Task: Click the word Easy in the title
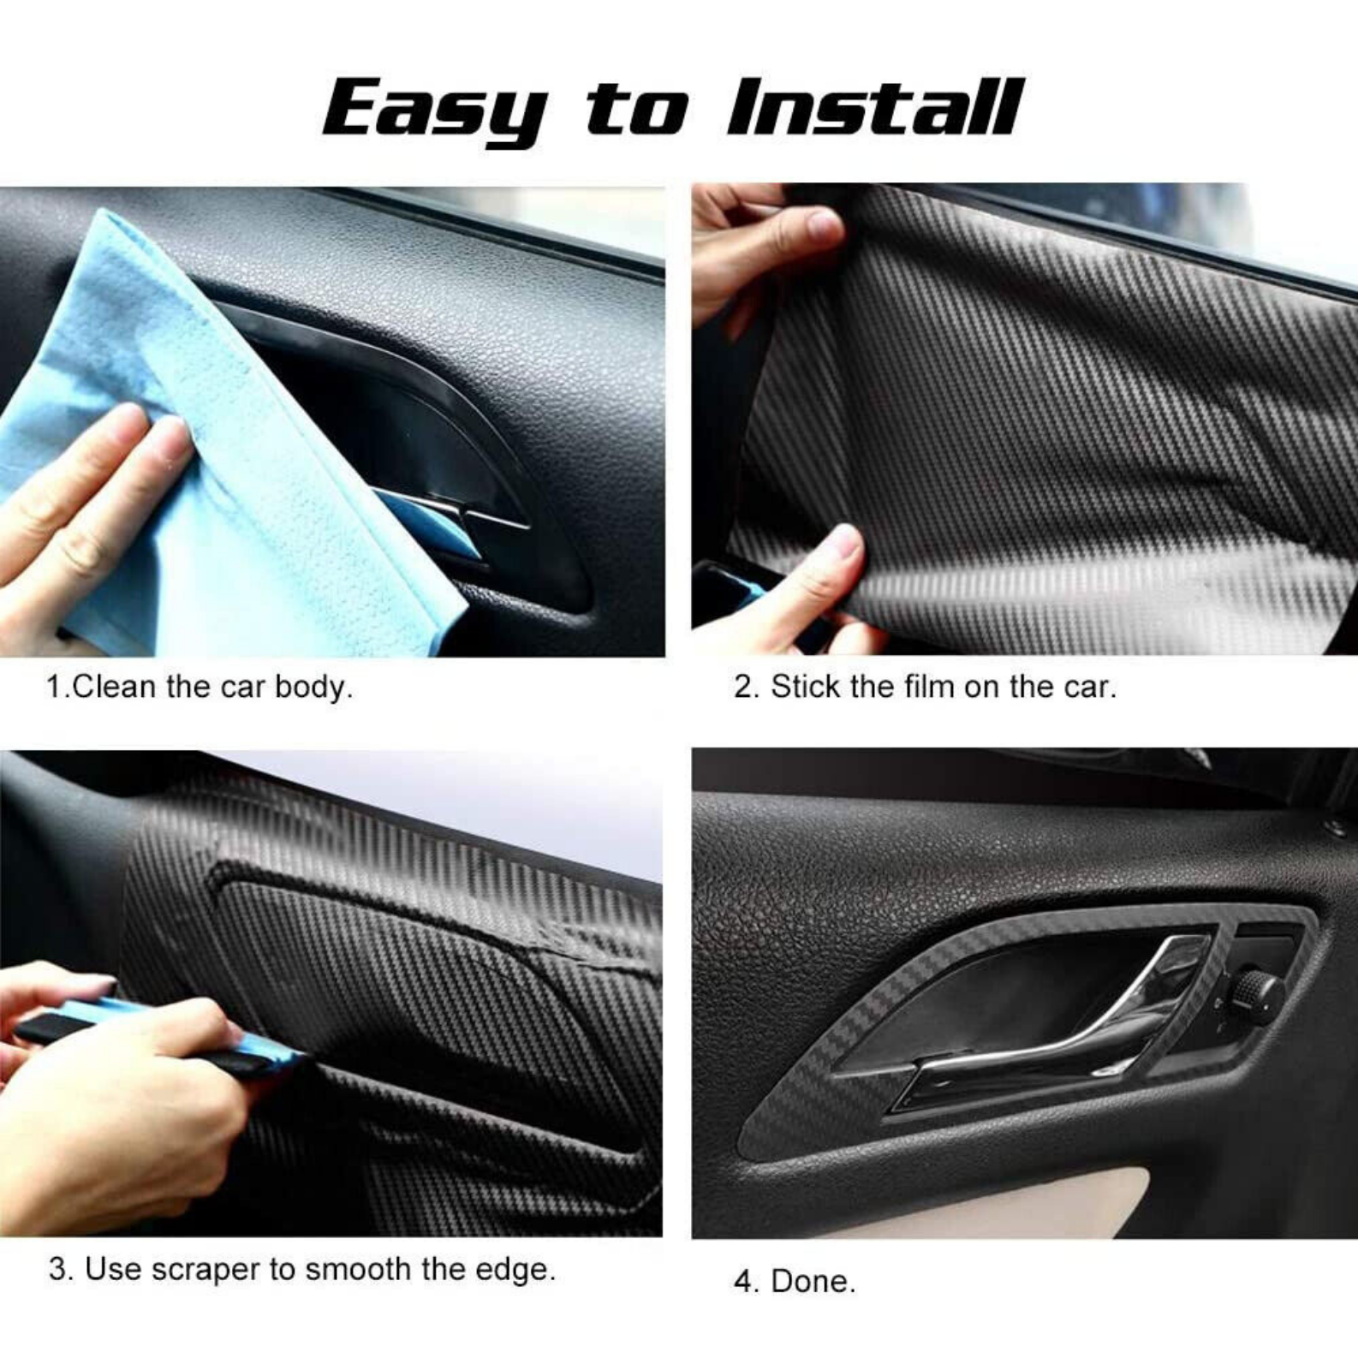coord(435,110)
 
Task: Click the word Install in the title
coord(873,107)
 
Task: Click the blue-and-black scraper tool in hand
coord(163,1033)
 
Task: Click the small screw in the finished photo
coord(1333,826)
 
